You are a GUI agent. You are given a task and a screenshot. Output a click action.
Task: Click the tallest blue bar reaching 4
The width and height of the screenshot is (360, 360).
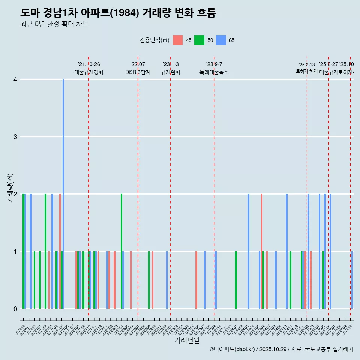pos(63,194)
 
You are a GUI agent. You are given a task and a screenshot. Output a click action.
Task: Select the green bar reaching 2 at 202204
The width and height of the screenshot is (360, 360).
pos(121,251)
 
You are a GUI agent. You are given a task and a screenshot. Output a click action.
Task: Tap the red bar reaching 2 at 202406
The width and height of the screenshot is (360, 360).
pos(262,251)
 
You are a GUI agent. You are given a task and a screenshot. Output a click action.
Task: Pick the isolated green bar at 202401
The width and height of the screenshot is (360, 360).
pos(236,280)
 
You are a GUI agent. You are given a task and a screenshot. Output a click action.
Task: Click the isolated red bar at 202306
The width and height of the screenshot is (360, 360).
pos(196,280)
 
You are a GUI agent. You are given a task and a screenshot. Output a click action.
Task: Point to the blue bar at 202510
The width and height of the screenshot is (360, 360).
pos(352,280)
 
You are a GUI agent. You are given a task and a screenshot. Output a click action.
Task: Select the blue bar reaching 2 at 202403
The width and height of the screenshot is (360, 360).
pos(249,251)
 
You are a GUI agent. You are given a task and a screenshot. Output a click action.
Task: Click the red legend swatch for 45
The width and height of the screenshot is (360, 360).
pos(178,40)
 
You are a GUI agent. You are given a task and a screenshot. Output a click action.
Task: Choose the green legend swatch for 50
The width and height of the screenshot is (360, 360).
pos(199,40)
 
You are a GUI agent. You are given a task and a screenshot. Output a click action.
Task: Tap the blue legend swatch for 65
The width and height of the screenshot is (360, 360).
pos(221,40)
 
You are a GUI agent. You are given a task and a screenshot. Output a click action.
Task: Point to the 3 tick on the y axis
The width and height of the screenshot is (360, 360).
pos(15,136)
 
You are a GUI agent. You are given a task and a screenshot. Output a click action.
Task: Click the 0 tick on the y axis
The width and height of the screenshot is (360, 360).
pos(15,309)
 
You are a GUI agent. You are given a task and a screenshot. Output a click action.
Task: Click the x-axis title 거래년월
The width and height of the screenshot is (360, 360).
pos(187,340)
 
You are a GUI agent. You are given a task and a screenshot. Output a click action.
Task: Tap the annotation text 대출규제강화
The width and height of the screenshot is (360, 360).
pos(89,72)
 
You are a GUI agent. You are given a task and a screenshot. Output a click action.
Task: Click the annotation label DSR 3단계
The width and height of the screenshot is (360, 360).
pos(138,72)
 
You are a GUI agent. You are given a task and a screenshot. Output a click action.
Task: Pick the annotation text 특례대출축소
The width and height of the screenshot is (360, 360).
pos(214,72)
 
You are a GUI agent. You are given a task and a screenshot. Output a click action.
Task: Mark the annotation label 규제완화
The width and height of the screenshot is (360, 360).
pos(171,72)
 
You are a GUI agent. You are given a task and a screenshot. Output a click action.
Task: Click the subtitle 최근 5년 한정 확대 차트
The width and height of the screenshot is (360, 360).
pos(54,24)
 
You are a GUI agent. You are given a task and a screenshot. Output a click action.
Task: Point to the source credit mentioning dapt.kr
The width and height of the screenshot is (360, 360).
pos(281,349)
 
